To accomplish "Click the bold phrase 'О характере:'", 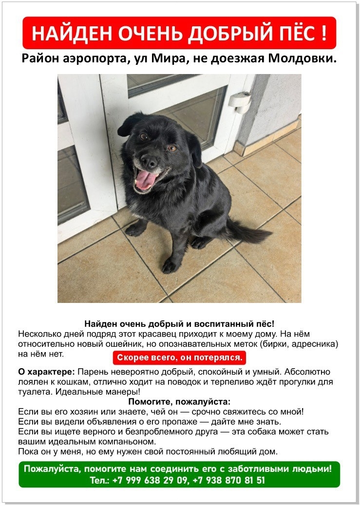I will pos(46,372).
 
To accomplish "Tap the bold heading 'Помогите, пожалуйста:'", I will pos(179,402).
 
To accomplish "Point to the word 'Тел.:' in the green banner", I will pos(100,480).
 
